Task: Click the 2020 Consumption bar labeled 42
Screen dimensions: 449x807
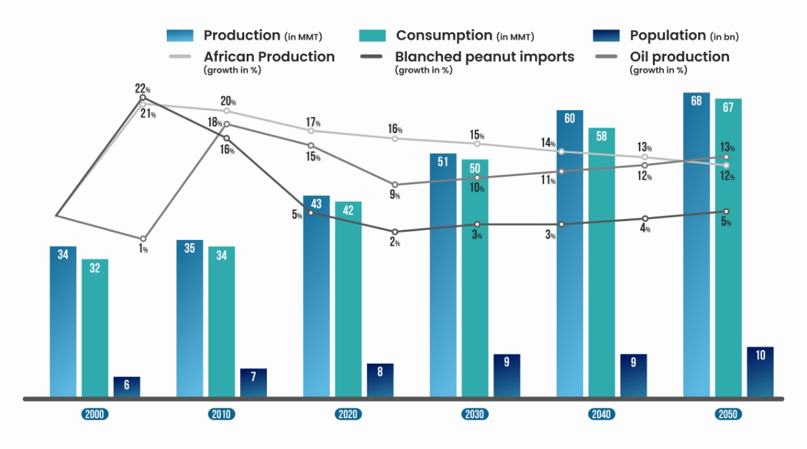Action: click(348, 298)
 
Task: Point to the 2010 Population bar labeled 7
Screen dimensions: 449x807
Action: click(254, 382)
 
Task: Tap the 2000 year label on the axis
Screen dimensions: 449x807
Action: click(95, 414)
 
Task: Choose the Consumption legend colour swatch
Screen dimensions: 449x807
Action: click(372, 36)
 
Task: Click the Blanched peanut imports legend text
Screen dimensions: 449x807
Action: click(484, 57)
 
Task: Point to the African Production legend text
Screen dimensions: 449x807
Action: click(269, 57)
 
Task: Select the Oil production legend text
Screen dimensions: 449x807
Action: click(679, 57)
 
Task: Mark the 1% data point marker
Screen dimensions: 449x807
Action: click(143, 239)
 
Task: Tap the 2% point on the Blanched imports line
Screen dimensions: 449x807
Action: click(395, 232)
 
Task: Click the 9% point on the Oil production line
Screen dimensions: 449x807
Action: click(395, 184)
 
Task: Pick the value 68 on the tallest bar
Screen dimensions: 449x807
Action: click(696, 101)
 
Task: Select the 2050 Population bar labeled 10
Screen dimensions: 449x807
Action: click(760, 372)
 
